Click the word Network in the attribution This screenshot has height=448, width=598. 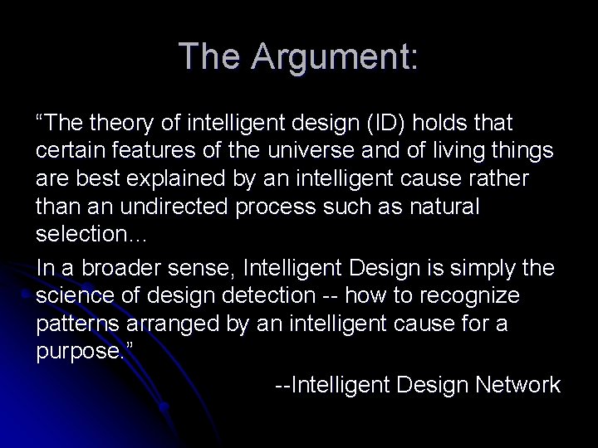[517, 384]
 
